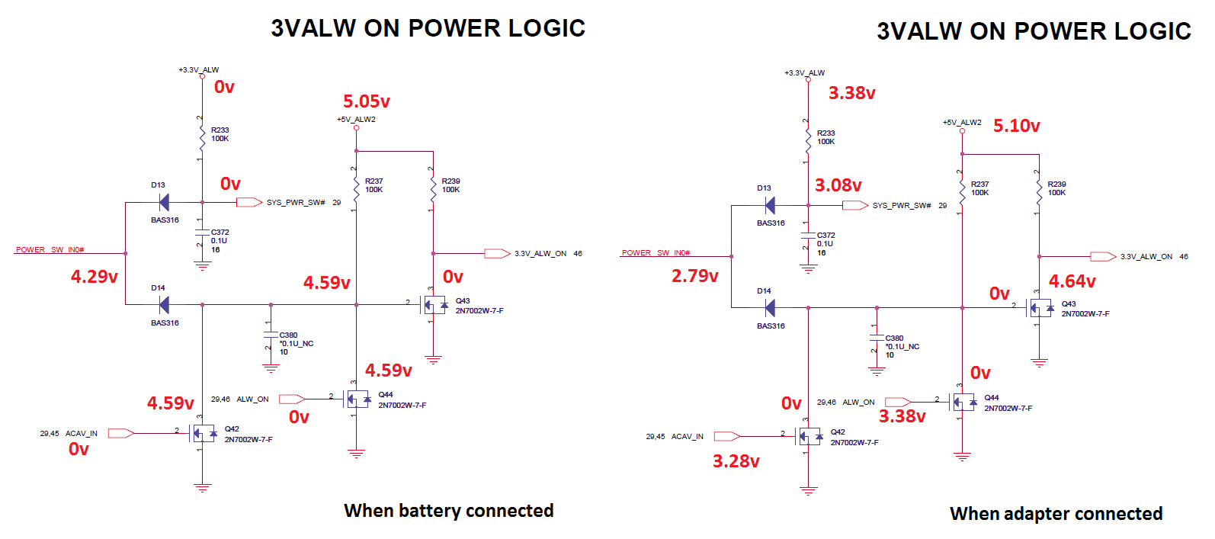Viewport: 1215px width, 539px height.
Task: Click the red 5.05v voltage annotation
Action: (366, 101)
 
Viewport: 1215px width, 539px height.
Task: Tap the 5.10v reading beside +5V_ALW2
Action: (1016, 126)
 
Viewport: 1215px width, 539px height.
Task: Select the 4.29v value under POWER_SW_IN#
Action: (95, 277)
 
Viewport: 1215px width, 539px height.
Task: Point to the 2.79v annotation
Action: (694, 276)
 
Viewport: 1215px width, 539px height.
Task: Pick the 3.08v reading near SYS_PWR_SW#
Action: (838, 185)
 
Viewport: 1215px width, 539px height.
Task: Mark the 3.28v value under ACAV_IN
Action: (736, 461)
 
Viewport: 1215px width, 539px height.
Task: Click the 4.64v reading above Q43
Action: (1072, 281)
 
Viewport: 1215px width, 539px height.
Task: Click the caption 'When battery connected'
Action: (448, 511)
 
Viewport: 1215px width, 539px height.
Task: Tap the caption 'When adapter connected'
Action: (1056, 514)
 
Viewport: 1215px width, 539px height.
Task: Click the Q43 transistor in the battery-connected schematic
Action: (434, 306)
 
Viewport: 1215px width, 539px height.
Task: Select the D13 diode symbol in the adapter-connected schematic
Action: (770, 205)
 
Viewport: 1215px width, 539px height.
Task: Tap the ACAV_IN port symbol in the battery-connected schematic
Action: (120, 433)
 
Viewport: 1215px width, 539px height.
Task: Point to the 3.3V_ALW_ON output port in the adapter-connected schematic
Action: (1103, 256)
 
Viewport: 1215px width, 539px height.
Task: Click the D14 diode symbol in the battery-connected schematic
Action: (163, 305)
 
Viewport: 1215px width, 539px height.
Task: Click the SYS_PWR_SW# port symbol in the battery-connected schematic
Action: (249, 202)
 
